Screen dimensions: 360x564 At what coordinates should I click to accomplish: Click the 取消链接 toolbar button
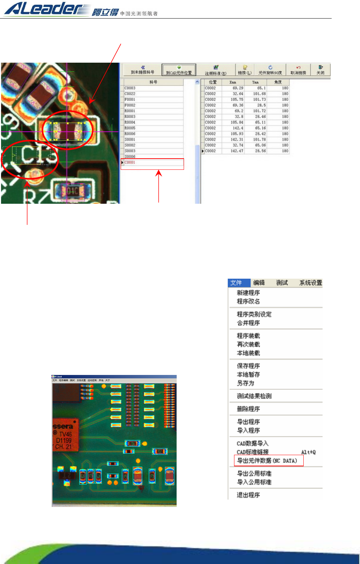pyautogui.click(x=298, y=70)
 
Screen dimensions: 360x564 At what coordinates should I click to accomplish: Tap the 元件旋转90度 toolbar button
pyautogui.click(x=270, y=70)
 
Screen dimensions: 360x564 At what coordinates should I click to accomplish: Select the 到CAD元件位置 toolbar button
pyautogui.click(x=179, y=70)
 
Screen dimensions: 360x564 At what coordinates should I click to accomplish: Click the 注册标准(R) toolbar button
pyautogui.click(x=216, y=70)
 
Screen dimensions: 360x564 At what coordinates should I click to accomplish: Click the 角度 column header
pyautogui.click(x=278, y=82)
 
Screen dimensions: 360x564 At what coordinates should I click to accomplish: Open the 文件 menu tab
pyautogui.click(x=236, y=283)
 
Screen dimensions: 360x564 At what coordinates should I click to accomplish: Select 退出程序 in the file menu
pyautogui.click(x=248, y=495)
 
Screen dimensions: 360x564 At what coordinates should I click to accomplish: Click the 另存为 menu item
pyautogui.click(x=246, y=383)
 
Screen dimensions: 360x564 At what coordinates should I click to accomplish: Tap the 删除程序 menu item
pyautogui.click(x=248, y=409)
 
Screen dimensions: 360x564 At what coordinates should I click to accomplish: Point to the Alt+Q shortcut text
pyautogui.click(x=308, y=452)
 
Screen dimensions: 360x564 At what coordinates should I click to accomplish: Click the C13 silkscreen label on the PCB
pyautogui.click(x=38, y=155)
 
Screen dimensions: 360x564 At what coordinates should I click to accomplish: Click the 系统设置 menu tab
pyautogui.click(x=310, y=283)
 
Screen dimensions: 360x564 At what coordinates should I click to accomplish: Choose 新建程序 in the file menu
pyautogui.click(x=248, y=293)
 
